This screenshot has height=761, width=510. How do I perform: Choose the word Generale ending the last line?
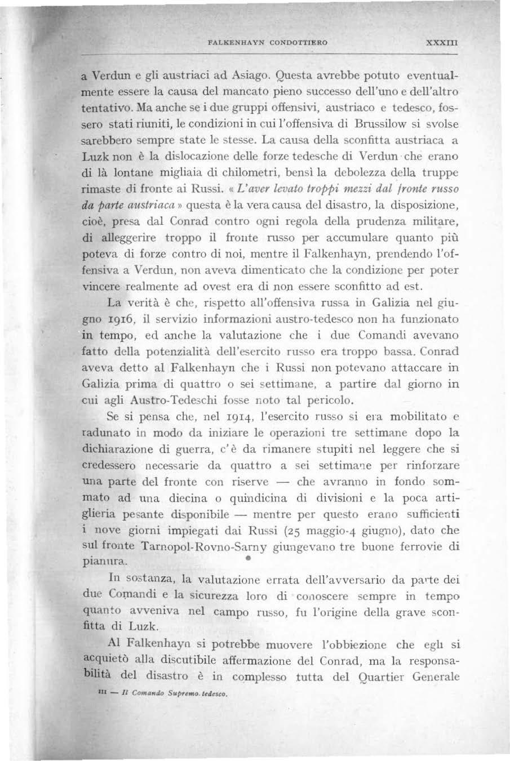tap(436, 678)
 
